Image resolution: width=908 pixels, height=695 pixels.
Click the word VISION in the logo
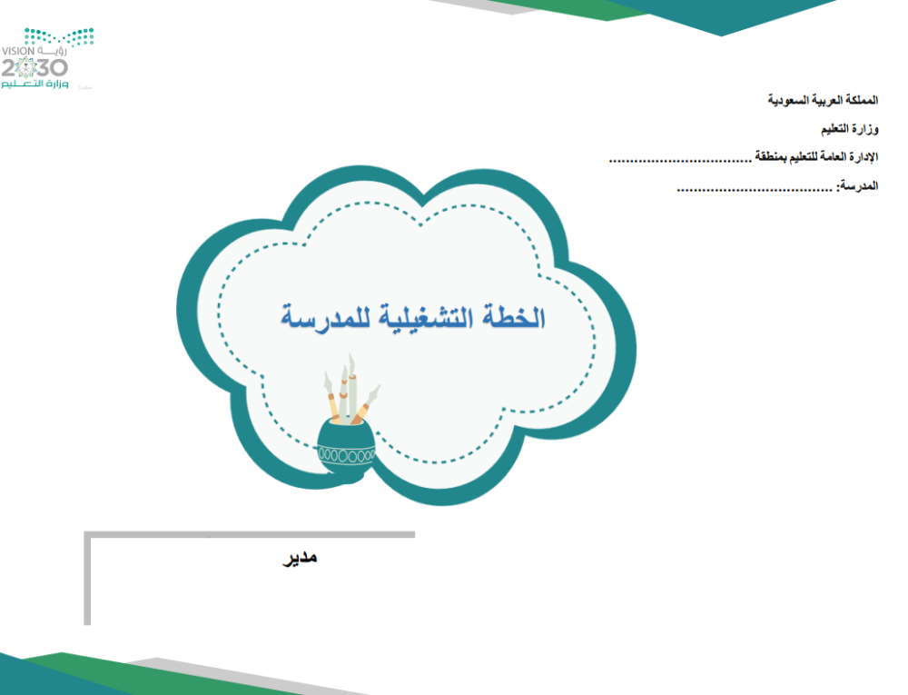[x=18, y=51]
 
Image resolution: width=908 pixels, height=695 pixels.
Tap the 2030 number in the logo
[x=35, y=68]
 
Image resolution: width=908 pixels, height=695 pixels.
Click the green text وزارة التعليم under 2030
[x=35, y=84]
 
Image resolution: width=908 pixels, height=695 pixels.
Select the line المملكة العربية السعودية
[x=823, y=100]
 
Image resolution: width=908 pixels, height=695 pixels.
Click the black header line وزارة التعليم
[x=850, y=129]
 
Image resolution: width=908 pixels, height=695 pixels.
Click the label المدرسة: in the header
[x=857, y=186]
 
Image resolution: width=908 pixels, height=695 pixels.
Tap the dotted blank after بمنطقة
[x=680, y=161]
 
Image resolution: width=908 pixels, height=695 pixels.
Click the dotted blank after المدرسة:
[x=755, y=189]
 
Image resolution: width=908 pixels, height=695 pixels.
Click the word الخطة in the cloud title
[x=513, y=317]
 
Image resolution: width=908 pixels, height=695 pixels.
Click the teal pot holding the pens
[x=346, y=449]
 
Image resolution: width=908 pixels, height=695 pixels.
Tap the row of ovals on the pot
[x=346, y=456]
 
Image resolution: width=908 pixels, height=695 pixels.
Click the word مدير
[x=300, y=558]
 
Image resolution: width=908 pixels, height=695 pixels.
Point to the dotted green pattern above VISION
[x=59, y=36]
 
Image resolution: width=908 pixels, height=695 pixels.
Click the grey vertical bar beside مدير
[x=87, y=579]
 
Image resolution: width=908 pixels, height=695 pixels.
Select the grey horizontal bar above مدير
[x=250, y=534]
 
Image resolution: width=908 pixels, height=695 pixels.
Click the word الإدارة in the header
[x=864, y=157]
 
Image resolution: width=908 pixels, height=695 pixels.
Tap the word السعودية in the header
[x=787, y=100]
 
